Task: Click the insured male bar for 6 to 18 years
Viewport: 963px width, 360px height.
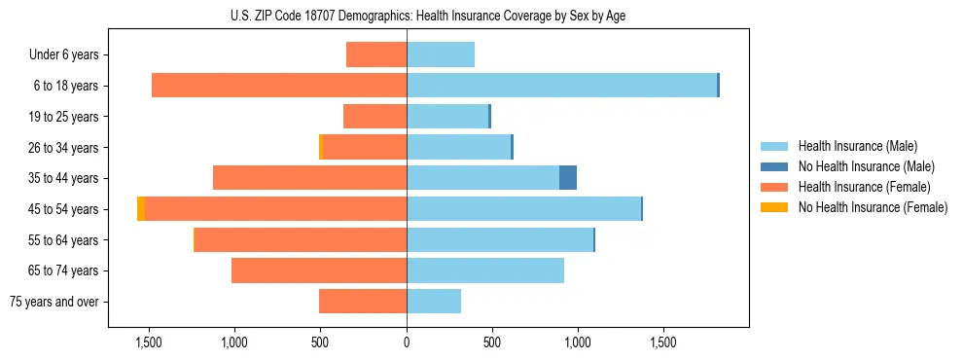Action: click(x=561, y=86)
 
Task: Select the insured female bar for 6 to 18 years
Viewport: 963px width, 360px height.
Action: click(x=279, y=86)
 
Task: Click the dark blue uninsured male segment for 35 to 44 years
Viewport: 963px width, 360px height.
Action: click(x=568, y=178)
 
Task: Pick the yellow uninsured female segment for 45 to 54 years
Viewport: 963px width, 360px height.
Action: click(x=141, y=209)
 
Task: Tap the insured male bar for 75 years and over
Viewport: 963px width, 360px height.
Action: click(x=434, y=302)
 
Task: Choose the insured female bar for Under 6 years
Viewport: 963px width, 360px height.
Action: click(x=376, y=54)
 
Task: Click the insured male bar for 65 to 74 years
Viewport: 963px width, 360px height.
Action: click(x=485, y=270)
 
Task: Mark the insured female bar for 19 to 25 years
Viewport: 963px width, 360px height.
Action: click(x=374, y=117)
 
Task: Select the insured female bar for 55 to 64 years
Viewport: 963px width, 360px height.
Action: click(x=301, y=239)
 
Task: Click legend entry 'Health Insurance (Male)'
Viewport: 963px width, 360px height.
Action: click(x=852, y=146)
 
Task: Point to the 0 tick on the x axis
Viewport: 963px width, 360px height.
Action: click(x=407, y=342)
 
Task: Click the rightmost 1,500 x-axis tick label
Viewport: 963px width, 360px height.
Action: click(x=663, y=342)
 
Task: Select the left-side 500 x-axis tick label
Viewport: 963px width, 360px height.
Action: click(x=321, y=342)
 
